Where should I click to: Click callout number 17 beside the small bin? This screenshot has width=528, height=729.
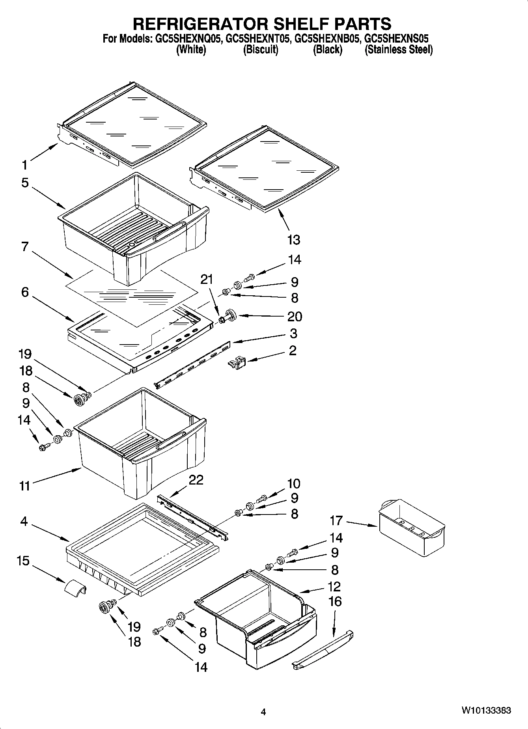click(336, 520)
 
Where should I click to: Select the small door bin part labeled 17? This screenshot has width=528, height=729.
click(412, 528)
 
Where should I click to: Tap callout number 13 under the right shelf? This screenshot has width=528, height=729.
click(294, 239)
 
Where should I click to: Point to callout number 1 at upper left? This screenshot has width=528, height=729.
click(24, 165)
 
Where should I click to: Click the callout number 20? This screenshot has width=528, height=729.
click(295, 316)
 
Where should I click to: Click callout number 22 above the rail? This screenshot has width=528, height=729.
click(196, 480)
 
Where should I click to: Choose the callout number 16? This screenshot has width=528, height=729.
click(335, 601)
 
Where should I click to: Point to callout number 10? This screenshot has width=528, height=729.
click(294, 483)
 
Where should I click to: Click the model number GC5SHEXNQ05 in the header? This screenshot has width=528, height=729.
click(187, 39)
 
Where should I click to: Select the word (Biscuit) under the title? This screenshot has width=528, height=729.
click(261, 50)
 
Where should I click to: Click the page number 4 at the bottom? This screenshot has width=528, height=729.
click(263, 712)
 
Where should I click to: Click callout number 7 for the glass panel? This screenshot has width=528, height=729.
click(25, 246)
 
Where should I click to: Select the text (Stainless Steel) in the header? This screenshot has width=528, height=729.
click(398, 50)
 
